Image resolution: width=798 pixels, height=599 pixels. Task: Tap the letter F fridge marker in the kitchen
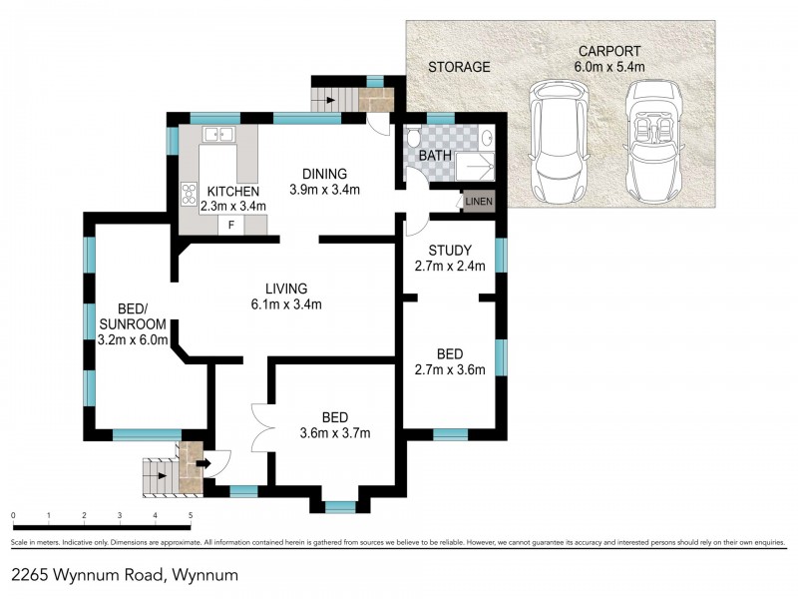click(231, 225)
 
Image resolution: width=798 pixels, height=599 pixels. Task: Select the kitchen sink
click(217, 135)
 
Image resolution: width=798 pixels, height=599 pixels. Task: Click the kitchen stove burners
click(187, 192)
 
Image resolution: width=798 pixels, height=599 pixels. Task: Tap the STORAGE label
click(459, 67)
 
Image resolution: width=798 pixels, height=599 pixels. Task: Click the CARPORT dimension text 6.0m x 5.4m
click(610, 67)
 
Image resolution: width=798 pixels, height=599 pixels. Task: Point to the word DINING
click(324, 173)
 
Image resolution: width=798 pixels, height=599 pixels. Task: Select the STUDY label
click(448, 250)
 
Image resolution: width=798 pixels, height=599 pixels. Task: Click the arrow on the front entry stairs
click(203, 462)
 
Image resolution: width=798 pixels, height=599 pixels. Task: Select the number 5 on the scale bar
click(191, 516)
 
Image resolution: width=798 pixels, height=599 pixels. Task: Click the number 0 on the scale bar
click(13, 516)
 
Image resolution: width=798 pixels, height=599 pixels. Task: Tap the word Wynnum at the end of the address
click(205, 575)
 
